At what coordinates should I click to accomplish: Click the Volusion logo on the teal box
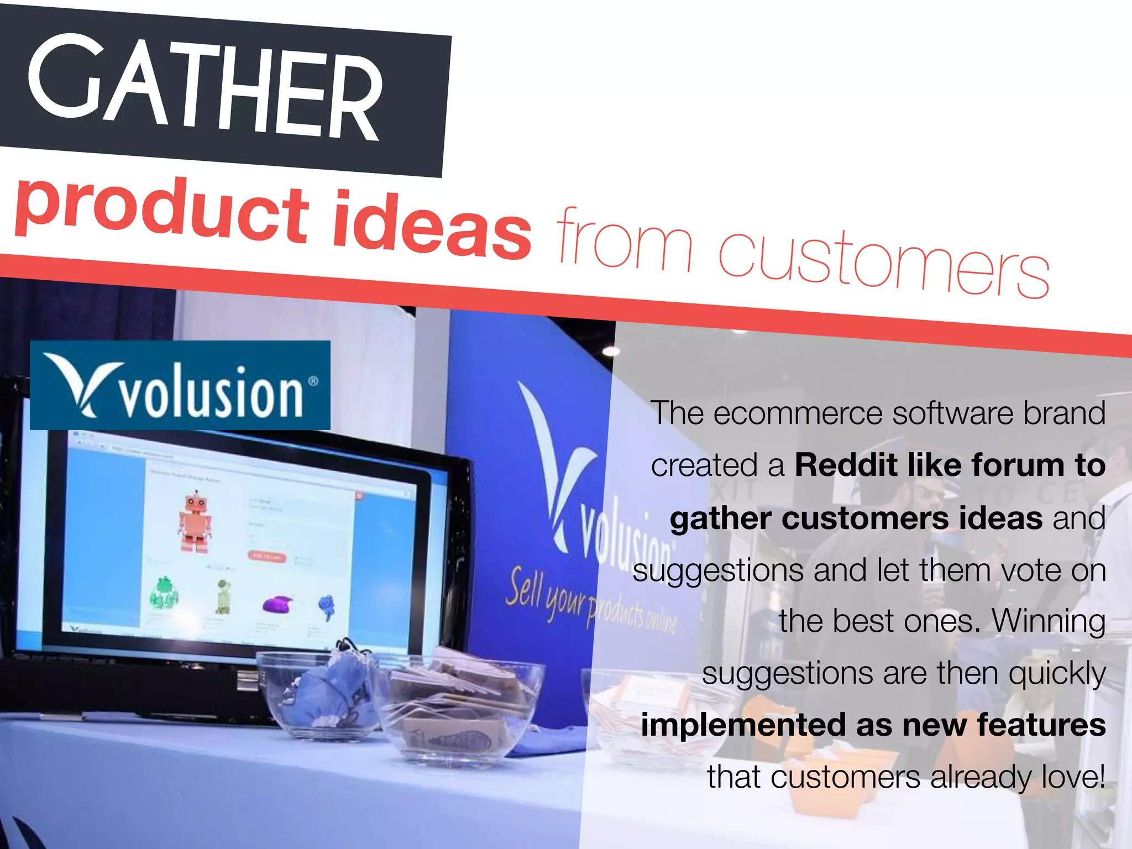180,385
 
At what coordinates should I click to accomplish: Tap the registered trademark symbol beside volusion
313,381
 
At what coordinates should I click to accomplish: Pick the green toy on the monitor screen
164,592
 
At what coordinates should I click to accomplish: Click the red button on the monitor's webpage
267,556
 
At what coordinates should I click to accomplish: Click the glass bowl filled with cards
459,707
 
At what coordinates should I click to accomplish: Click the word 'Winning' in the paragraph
1049,621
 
